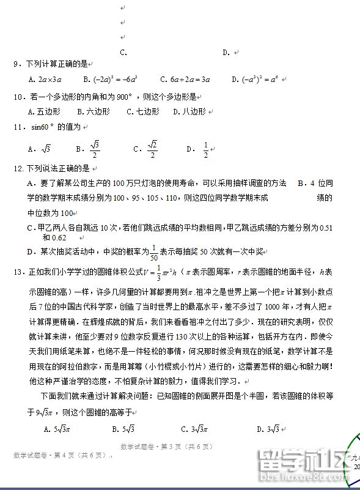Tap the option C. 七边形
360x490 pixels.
point(142,112)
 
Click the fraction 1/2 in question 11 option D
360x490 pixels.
point(205,149)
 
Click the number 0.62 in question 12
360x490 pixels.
point(59,237)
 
